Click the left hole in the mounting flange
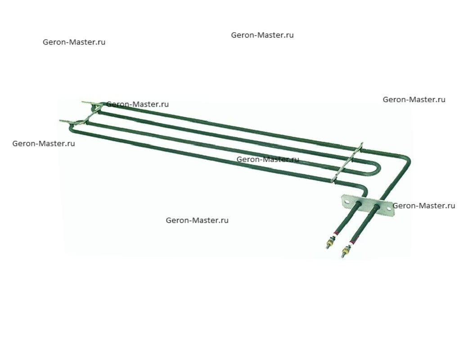(346, 202)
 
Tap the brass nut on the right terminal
(346, 248)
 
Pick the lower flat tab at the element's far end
(67, 121)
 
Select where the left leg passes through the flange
(358, 204)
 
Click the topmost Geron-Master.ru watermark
(262, 35)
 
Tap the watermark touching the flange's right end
(424, 206)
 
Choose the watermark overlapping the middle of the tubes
(268, 159)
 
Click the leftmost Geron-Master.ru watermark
(44, 144)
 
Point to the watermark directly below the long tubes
(197, 220)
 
